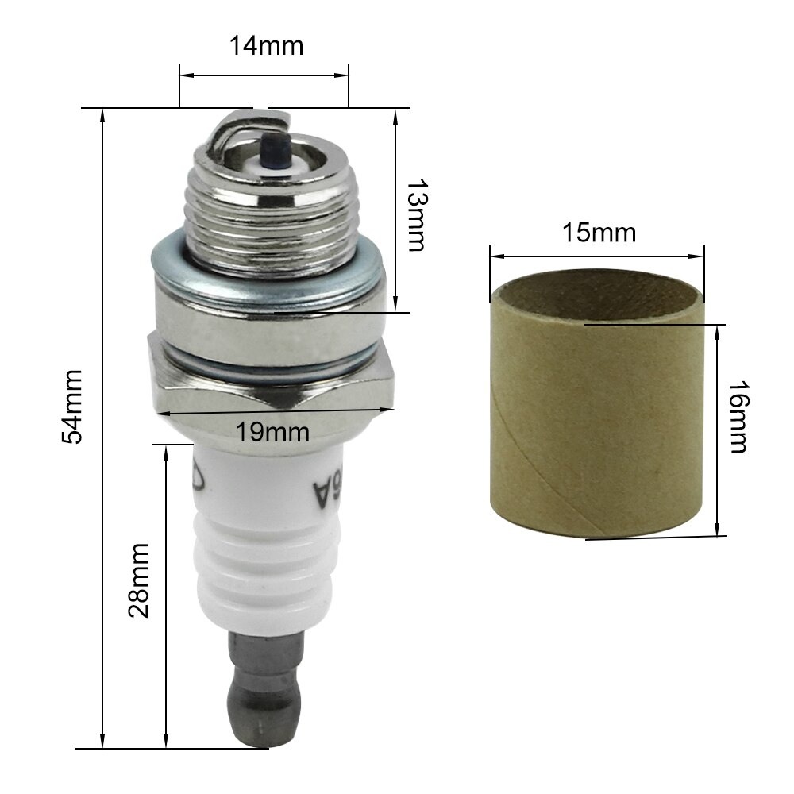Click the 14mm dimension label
click(x=266, y=46)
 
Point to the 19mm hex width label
click(x=272, y=432)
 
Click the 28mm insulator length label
click(x=138, y=580)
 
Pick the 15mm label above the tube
click(x=599, y=233)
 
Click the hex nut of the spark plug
click(x=270, y=373)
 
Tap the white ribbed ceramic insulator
click(x=262, y=556)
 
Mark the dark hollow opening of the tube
click(x=597, y=300)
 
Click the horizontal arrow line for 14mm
click(x=264, y=78)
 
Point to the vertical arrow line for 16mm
click(x=718, y=429)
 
